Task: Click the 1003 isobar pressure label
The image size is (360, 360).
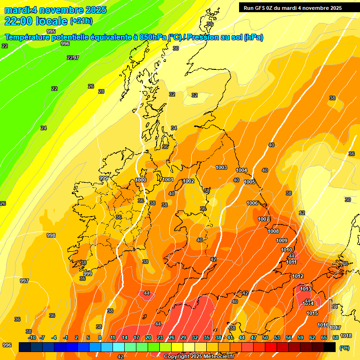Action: (221, 167)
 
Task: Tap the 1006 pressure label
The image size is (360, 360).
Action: (252, 203)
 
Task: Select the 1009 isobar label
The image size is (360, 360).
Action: (282, 240)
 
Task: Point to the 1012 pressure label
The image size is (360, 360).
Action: (298, 276)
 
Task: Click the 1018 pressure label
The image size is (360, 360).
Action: (346, 336)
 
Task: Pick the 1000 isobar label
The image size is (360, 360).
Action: (141, 180)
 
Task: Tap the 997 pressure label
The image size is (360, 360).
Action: (24, 281)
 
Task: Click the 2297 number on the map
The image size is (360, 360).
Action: (73, 58)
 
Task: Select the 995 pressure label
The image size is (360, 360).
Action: (51, 31)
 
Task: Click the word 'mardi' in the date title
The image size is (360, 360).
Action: (16, 10)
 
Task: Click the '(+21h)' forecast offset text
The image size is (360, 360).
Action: (81, 21)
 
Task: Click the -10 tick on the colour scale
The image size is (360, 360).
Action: (32, 337)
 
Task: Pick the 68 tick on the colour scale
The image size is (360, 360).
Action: (336, 337)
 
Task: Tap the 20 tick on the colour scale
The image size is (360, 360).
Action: (148, 337)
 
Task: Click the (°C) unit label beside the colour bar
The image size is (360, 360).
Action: (345, 348)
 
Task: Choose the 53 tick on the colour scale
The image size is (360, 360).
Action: (277, 337)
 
